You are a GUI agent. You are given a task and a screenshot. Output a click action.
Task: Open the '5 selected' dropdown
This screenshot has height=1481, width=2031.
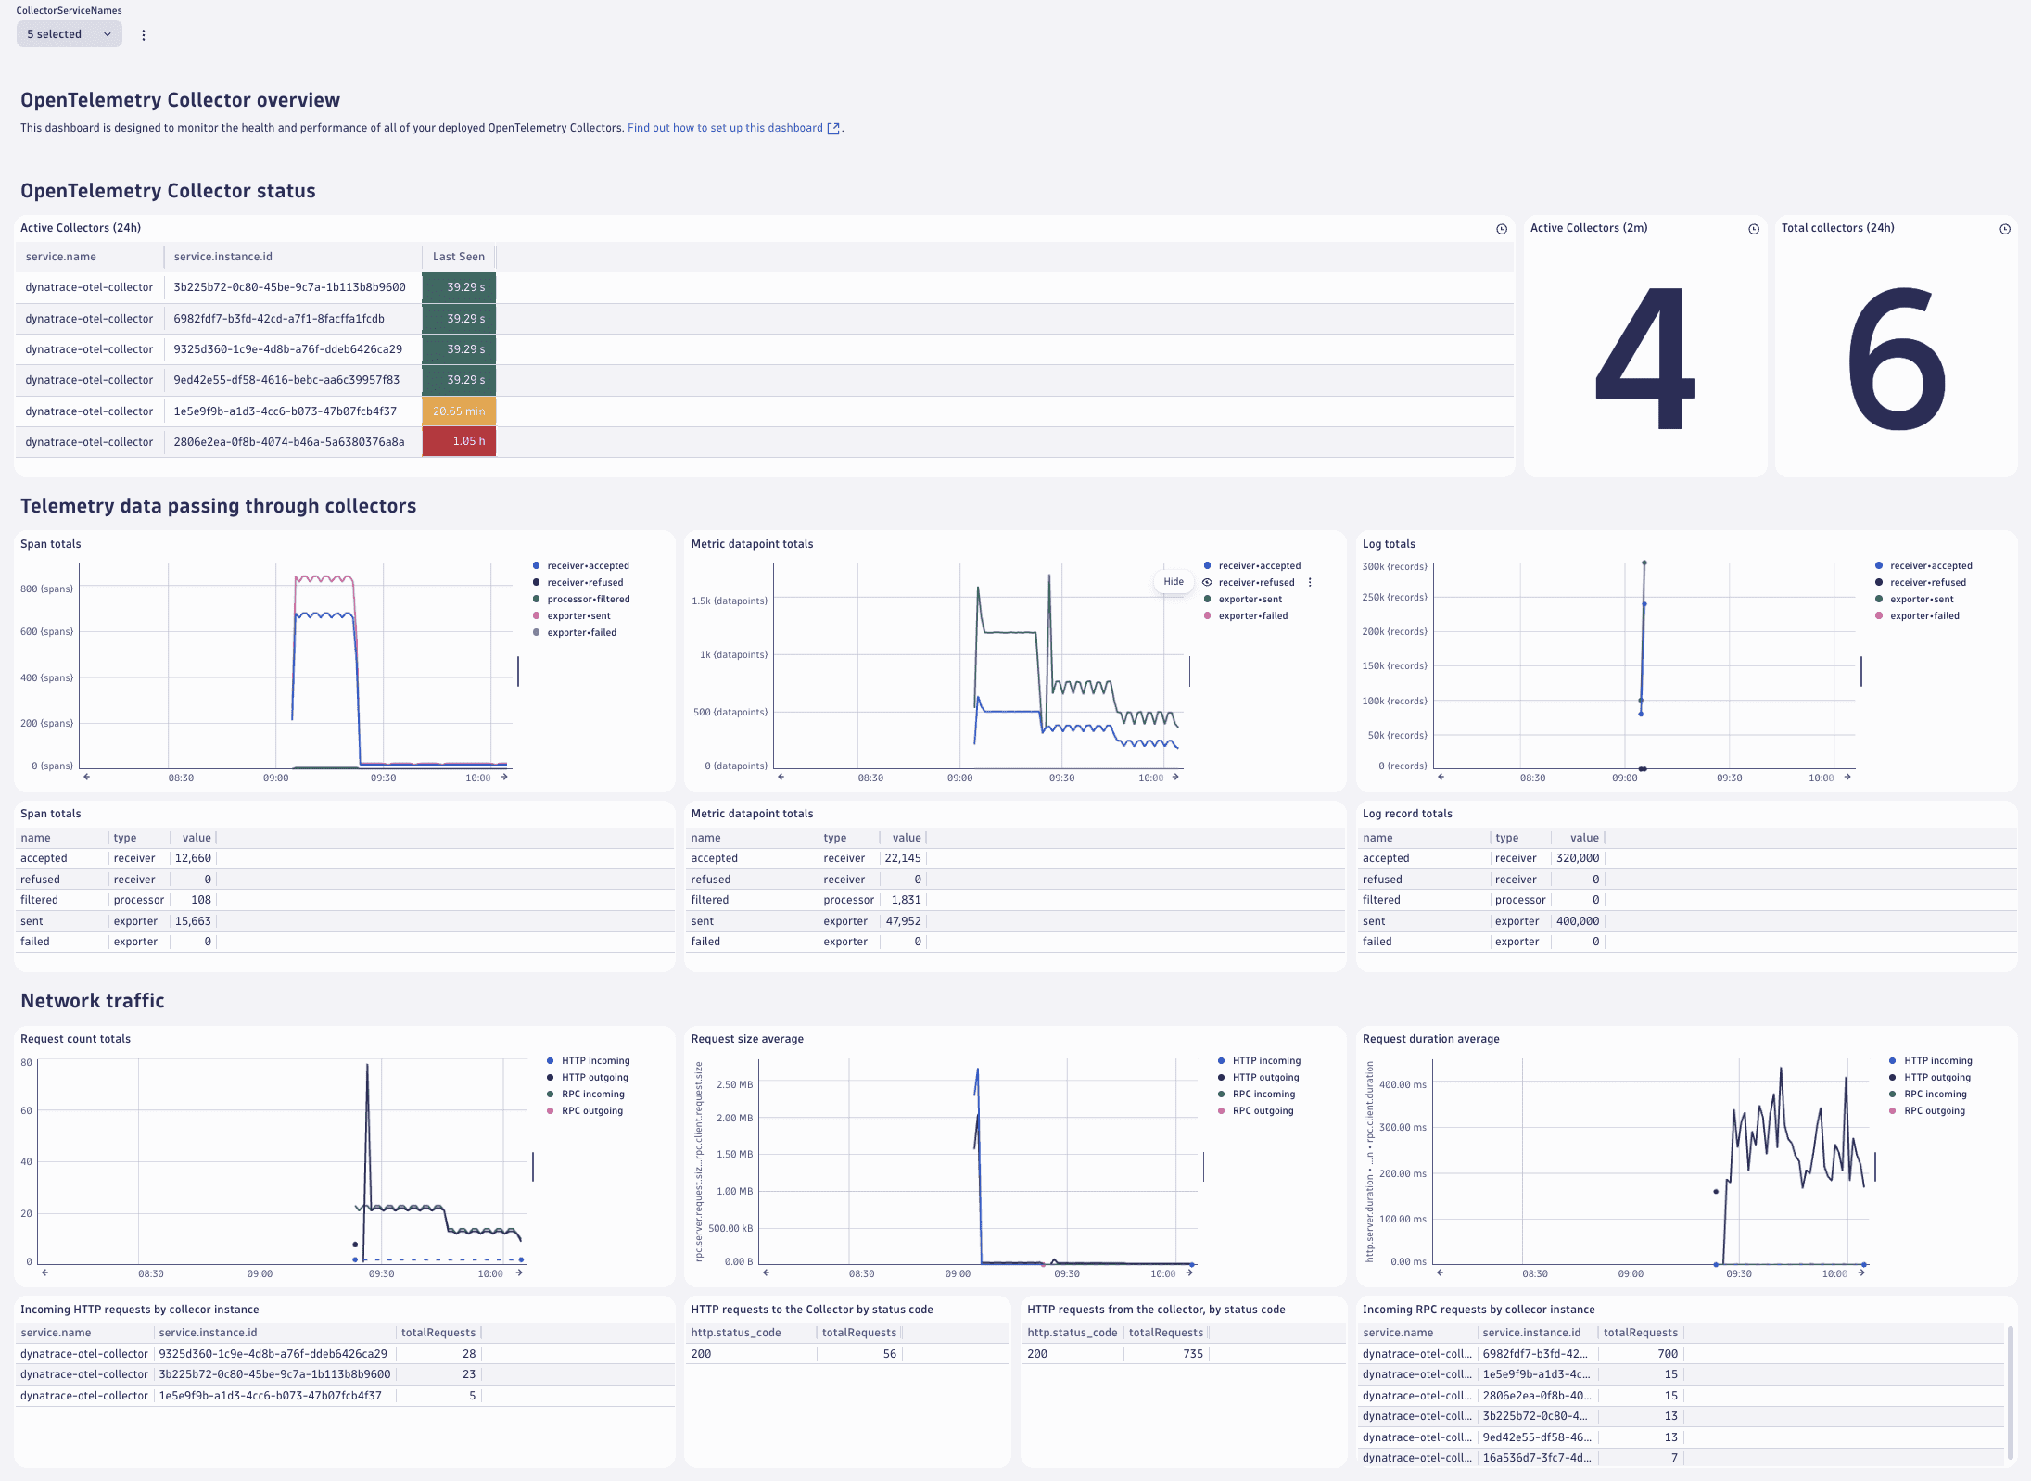coord(69,34)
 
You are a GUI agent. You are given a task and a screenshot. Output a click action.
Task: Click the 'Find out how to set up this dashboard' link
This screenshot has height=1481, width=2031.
coord(725,128)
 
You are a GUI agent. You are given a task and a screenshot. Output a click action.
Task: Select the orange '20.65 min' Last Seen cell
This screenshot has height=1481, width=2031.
coord(459,411)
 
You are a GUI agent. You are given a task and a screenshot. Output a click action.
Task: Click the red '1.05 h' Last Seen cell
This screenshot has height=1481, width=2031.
coord(459,441)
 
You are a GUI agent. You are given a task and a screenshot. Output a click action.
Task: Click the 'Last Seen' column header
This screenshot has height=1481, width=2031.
coord(458,257)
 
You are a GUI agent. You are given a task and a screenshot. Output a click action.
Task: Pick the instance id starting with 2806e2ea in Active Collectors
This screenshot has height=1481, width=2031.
coord(289,442)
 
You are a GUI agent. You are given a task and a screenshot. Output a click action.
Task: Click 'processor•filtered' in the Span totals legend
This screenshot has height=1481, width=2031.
coord(588,600)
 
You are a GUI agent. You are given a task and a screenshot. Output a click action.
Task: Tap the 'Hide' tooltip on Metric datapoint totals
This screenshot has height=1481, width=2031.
coord(1174,582)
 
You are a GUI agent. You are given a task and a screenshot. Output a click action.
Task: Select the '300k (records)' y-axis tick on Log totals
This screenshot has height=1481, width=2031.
coord(1394,566)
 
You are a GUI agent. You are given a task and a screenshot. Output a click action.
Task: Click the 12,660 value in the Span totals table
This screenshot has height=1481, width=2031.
coord(193,858)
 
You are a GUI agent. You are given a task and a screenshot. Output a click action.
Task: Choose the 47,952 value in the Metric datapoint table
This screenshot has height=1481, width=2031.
coord(903,921)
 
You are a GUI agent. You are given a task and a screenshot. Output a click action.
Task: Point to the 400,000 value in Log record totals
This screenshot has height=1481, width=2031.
coord(1577,921)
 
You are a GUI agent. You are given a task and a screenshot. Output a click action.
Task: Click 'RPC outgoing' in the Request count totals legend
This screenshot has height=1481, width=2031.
coord(591,1111)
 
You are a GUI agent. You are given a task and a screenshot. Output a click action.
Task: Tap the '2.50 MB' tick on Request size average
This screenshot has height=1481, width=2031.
coord(734,1084)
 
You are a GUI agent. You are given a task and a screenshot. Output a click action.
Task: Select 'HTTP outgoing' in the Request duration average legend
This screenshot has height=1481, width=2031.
coord(1936,1078)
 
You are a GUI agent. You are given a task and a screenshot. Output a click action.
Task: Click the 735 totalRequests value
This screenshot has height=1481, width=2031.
coord(1192,1354)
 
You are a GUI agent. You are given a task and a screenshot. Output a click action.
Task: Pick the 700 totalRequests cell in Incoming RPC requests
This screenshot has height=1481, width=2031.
coord(1667,1354)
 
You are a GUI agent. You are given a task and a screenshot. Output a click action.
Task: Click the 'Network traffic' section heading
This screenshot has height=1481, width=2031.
coord(93,1001)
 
